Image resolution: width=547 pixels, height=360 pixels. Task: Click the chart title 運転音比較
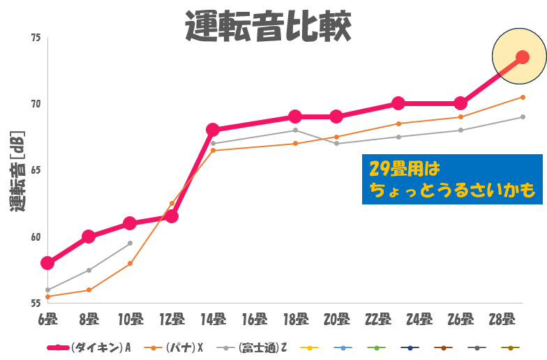click(268, 27)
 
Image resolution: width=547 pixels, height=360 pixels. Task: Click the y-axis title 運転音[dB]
click(17, 170)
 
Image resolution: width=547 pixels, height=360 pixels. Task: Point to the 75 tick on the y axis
click(36, 38)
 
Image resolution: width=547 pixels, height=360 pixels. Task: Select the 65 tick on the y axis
click(36, 170)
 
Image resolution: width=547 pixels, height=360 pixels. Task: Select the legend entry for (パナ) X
click(177, 347)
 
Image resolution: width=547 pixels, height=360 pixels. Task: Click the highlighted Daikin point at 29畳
click(522, 58)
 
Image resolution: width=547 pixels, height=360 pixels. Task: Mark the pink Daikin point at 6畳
click(47, 263)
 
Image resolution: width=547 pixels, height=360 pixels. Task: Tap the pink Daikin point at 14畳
click(213, 130)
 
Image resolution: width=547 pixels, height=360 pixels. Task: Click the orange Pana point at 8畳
click(89, 290)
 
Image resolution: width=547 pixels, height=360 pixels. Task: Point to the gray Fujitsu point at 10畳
click(130, 243)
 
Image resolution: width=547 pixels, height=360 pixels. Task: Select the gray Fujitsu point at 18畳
click(295, 130)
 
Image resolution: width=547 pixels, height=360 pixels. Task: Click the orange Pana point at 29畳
click(523, 97)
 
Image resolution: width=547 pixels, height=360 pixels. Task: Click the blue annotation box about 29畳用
click(452, 180)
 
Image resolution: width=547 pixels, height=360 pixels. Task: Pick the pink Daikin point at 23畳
click(398, 103)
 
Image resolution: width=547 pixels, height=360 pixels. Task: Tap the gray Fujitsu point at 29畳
click(523, 117)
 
